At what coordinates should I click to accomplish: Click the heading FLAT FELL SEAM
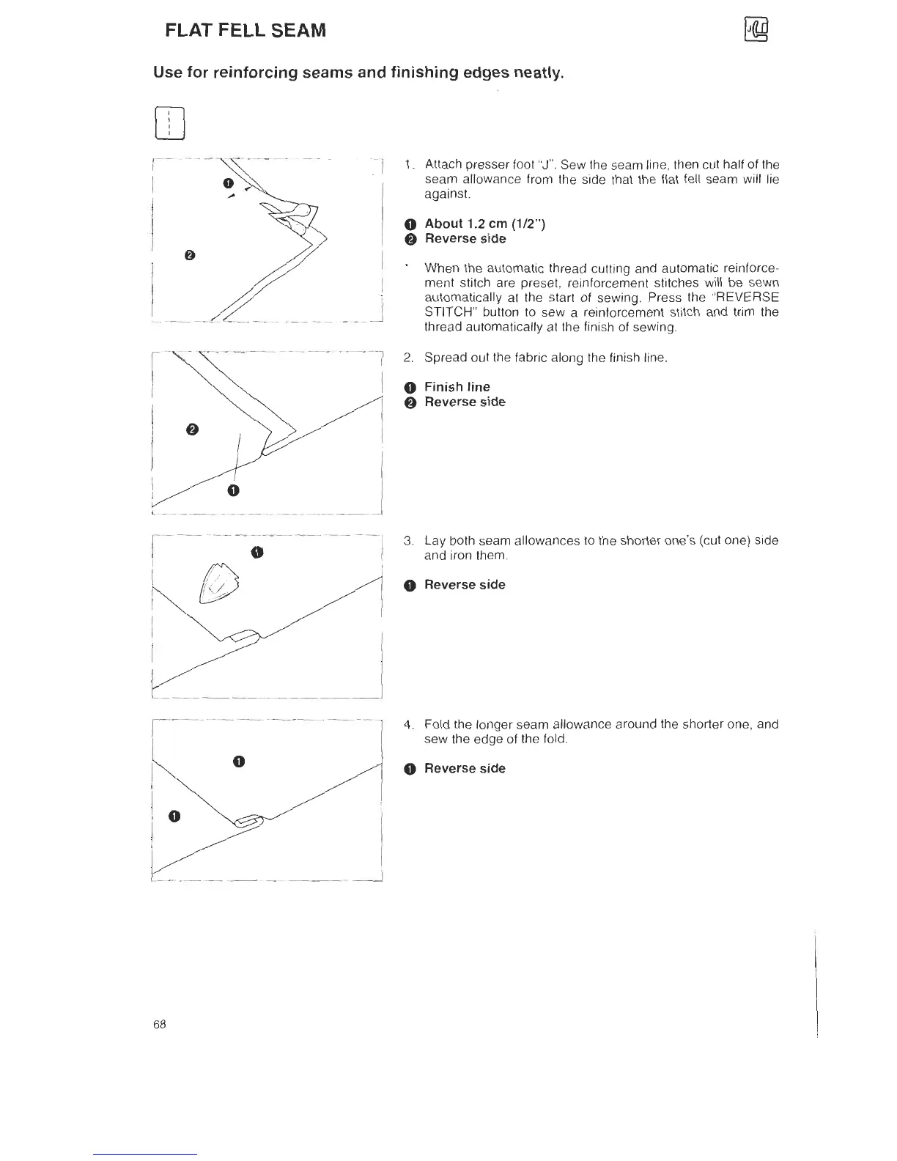[x=246, y=31]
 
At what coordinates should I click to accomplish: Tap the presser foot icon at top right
[x=755, y=30]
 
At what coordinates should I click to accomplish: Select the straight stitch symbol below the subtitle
[x=169, y=122]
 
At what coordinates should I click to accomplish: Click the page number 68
[x=160, y=1024]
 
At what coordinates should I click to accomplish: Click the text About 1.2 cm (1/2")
[x=484, y=224]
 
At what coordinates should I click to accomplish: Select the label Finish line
[x=457, y=386]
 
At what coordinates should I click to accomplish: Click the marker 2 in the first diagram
[x=190, y=255]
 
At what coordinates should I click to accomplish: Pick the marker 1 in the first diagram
[x=228, y=182]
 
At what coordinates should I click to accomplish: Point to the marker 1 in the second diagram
[x=233, y=490]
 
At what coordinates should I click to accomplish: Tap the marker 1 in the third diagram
[x=257, y=551]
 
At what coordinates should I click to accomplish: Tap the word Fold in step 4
[x=436, y=724]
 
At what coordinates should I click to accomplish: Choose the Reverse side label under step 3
[x=465, y=584]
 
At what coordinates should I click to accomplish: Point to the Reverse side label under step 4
[x=465, y=768]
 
